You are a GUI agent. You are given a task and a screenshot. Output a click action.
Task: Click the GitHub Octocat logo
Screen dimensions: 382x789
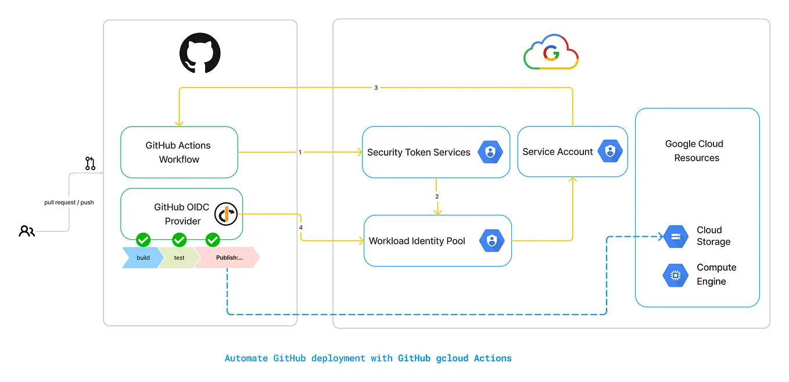tap(200, 53)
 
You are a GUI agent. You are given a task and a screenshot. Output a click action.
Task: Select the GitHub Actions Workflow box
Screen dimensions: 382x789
tap(179, 152)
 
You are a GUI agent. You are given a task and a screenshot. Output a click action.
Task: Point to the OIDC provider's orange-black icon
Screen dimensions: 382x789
tap(226, 214)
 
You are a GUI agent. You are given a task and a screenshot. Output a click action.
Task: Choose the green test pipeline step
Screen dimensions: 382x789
tap(179, 258)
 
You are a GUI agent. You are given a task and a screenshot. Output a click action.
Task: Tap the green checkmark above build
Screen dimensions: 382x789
tap(143, 239)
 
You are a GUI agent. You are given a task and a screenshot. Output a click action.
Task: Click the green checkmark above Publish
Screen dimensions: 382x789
tap(213, 239)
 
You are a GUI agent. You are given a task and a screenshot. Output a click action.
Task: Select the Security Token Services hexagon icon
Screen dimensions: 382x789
tap(490, 152)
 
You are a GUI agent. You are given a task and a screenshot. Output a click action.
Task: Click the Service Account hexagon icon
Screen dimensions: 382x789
tap(610, 152)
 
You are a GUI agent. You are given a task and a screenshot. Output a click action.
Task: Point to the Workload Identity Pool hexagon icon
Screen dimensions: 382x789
tap(492, 241)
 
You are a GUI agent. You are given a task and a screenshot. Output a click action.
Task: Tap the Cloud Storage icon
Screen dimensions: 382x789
tap(676, 236)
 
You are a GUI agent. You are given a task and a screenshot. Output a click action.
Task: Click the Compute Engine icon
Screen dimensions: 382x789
tap(676, 275)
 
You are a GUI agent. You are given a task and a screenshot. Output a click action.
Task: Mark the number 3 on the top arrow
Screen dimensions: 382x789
tap(376, 88)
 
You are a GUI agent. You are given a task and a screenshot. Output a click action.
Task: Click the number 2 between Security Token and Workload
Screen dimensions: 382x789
tap(437, 196)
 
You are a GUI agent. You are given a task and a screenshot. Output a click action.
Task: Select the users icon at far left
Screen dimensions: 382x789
tap(27, 231)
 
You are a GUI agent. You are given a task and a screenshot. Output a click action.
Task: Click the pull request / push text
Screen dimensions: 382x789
tap(69, 203)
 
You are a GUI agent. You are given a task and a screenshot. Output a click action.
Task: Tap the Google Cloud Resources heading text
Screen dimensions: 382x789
tap(695, 151)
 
